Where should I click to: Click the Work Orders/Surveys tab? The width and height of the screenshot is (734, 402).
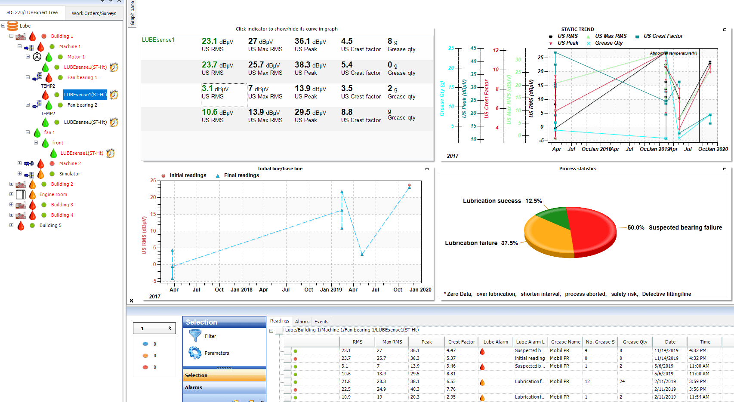coord(94,13)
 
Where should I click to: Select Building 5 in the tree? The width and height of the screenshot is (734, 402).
coord(50,225)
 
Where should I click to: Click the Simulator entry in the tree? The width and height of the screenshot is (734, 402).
coord(69,174)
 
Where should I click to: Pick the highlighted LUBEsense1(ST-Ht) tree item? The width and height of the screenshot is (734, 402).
coord(85,95)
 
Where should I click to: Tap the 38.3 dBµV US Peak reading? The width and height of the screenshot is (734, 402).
coord(310,65)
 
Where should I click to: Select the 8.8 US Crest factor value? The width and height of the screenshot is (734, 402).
coord(347,113)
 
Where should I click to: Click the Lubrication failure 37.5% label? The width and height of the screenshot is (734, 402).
coord(481,243)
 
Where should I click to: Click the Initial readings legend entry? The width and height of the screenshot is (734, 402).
coord(188,175)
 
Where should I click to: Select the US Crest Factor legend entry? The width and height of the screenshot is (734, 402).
coord(663,36)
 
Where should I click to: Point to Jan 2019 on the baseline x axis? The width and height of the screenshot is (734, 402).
coord(331,290)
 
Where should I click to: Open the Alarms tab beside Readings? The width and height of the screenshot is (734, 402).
coord(302,322)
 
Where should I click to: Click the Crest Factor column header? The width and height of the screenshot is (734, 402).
coord(461,342)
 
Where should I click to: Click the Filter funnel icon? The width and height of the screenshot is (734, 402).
coord(195,336)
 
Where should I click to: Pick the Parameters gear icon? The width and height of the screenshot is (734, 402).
coord(195,353)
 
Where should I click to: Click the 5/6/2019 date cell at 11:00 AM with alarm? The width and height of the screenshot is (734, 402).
coord(666,366)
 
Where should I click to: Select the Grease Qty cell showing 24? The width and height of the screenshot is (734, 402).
coord(622,381)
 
